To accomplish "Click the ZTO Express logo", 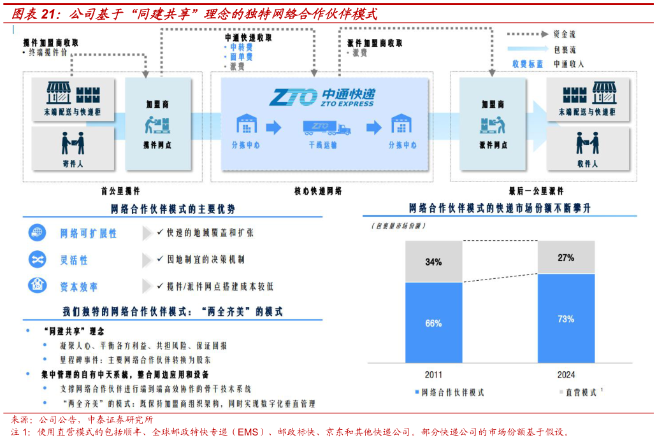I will coord(321,97).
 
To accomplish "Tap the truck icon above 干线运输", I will coord(326,127).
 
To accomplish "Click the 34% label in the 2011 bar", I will coord(433,262).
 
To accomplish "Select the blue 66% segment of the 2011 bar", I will coord(433,323).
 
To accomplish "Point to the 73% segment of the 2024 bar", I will coord(566,318).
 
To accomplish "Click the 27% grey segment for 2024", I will coord(566,258).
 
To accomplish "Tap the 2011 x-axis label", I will coord(433,374).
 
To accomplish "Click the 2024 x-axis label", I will coord(566,374).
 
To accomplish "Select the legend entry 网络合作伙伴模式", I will coord(452,392).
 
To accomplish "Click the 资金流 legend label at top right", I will coord(565,34).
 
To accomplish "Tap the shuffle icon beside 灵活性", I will coord(37,260).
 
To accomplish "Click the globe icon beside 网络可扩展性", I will coord(37,233).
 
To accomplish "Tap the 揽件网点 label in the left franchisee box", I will coord(157,145).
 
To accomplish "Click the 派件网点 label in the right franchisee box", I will coord(493,145).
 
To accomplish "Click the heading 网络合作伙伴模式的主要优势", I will coord(173,209).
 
